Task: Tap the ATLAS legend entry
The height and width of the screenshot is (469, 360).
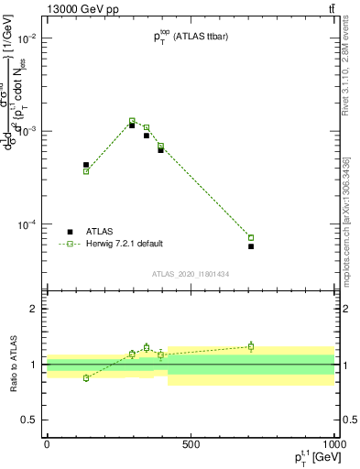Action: coord(102,232)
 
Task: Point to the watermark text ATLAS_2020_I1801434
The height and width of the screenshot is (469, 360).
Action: coord(191,274)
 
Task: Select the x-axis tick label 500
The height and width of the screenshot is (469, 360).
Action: coord(191,443)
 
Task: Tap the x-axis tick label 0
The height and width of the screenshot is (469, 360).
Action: coord(47,443)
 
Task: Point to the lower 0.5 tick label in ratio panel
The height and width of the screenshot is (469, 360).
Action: coord(28,420)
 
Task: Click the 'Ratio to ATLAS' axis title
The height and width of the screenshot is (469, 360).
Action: coord(13,364)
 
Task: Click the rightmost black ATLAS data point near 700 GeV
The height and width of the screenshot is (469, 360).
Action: coord(251,246)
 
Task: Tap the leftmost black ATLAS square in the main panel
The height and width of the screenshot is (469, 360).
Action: coord(86,165)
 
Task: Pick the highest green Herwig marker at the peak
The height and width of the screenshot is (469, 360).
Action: coord(132,121)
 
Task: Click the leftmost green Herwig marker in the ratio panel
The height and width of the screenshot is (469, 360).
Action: coord(86,377)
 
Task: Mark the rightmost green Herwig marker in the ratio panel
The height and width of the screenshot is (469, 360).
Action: coord(251,346)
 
